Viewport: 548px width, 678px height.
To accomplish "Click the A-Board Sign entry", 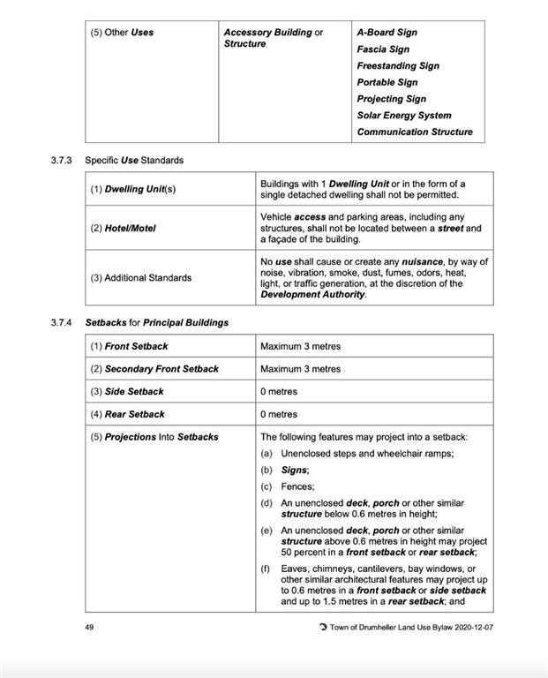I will point(387,33).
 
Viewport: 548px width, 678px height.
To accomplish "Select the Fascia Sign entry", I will point(382,49).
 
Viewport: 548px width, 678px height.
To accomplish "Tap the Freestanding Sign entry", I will point(397,66).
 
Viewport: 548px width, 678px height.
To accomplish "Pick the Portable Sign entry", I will point(387,82).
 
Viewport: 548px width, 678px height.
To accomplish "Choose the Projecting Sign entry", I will point(391,99).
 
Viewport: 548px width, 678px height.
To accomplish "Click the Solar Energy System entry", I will point(403,116).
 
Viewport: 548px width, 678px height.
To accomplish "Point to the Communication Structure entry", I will point(414,132).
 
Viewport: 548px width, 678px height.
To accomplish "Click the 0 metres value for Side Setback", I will point(279,392).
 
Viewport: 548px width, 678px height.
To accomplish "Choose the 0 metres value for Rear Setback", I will point(279,414).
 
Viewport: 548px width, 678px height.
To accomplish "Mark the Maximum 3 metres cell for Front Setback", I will point(300,346).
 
